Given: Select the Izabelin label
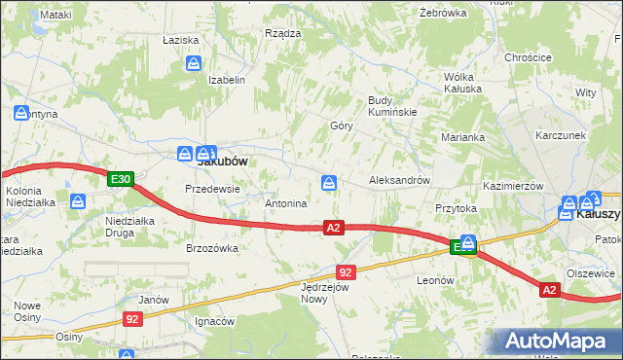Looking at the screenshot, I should tap(226, 80).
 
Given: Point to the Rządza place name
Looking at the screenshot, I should tap(282, 33).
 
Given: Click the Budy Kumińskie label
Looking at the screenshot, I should tap(392, 106).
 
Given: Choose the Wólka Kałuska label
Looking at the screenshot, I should tap(462, 82).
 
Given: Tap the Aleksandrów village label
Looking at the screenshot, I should tap(399, 181).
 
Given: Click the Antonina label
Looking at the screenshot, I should tap(286, 204).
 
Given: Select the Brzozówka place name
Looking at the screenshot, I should tap(212, 248).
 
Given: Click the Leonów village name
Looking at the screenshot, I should tap(435, 280).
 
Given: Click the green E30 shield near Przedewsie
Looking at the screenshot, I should tap(120, 179).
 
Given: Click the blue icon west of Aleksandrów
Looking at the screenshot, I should tap(330, 182).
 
